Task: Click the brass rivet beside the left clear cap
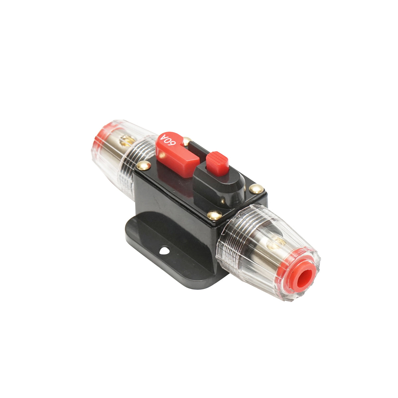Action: (x=144, y=166)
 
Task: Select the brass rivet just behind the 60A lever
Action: (x=187, y=141)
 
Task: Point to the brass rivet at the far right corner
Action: (x=256, y=188)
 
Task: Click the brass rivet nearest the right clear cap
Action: (x=214, y=215)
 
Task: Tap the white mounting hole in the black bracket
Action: (x=165, y=250)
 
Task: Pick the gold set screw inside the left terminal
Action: (x=126, y=140)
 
